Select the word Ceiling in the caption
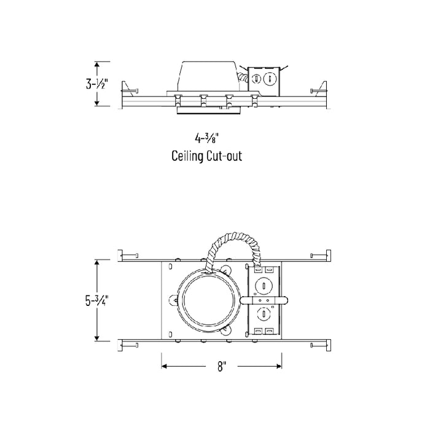tap(187, 156)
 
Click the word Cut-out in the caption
tap(224, 156)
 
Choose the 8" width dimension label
tap(222, 366)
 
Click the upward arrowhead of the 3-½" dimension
tap(96, 64)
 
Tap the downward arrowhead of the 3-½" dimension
tap(96, 103)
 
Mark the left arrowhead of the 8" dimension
tap(164, 366)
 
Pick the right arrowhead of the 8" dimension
tap(279, 366)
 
